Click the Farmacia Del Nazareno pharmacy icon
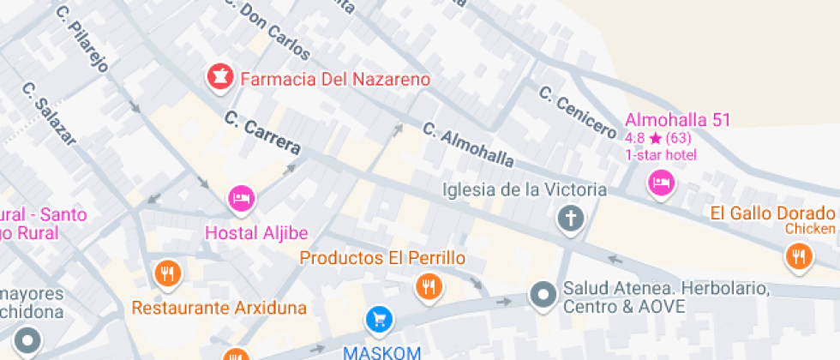[x=219, y=78]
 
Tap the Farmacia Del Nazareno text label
[x=334, y=80]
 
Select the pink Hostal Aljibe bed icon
[x=242, y=199]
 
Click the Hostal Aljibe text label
[x=256, y=232]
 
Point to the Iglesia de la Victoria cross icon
[x=570, y=219]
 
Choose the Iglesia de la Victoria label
[x=525, y=189]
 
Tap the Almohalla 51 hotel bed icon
[x=660, y=183]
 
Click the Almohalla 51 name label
[x=677, y=120]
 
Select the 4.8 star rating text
[x=658, y=138]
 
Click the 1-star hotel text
[x=661, y=155]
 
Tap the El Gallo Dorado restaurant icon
[x=799, y=255]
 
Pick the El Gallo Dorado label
[x=774, y=213]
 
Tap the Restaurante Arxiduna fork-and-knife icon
[x=167, y=273]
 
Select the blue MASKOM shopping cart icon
[x=379, y=320]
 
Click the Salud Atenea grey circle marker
[x=543, y=296]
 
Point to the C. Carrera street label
[x=263, y=134]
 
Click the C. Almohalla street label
[x=468, y=146]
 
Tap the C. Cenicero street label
[x=577, y=112]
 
